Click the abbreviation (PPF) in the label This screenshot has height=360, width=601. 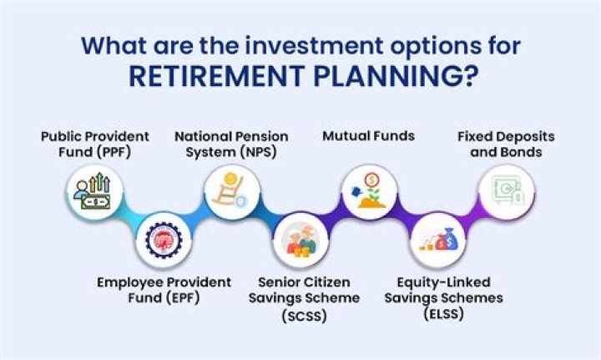click(112, 152)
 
